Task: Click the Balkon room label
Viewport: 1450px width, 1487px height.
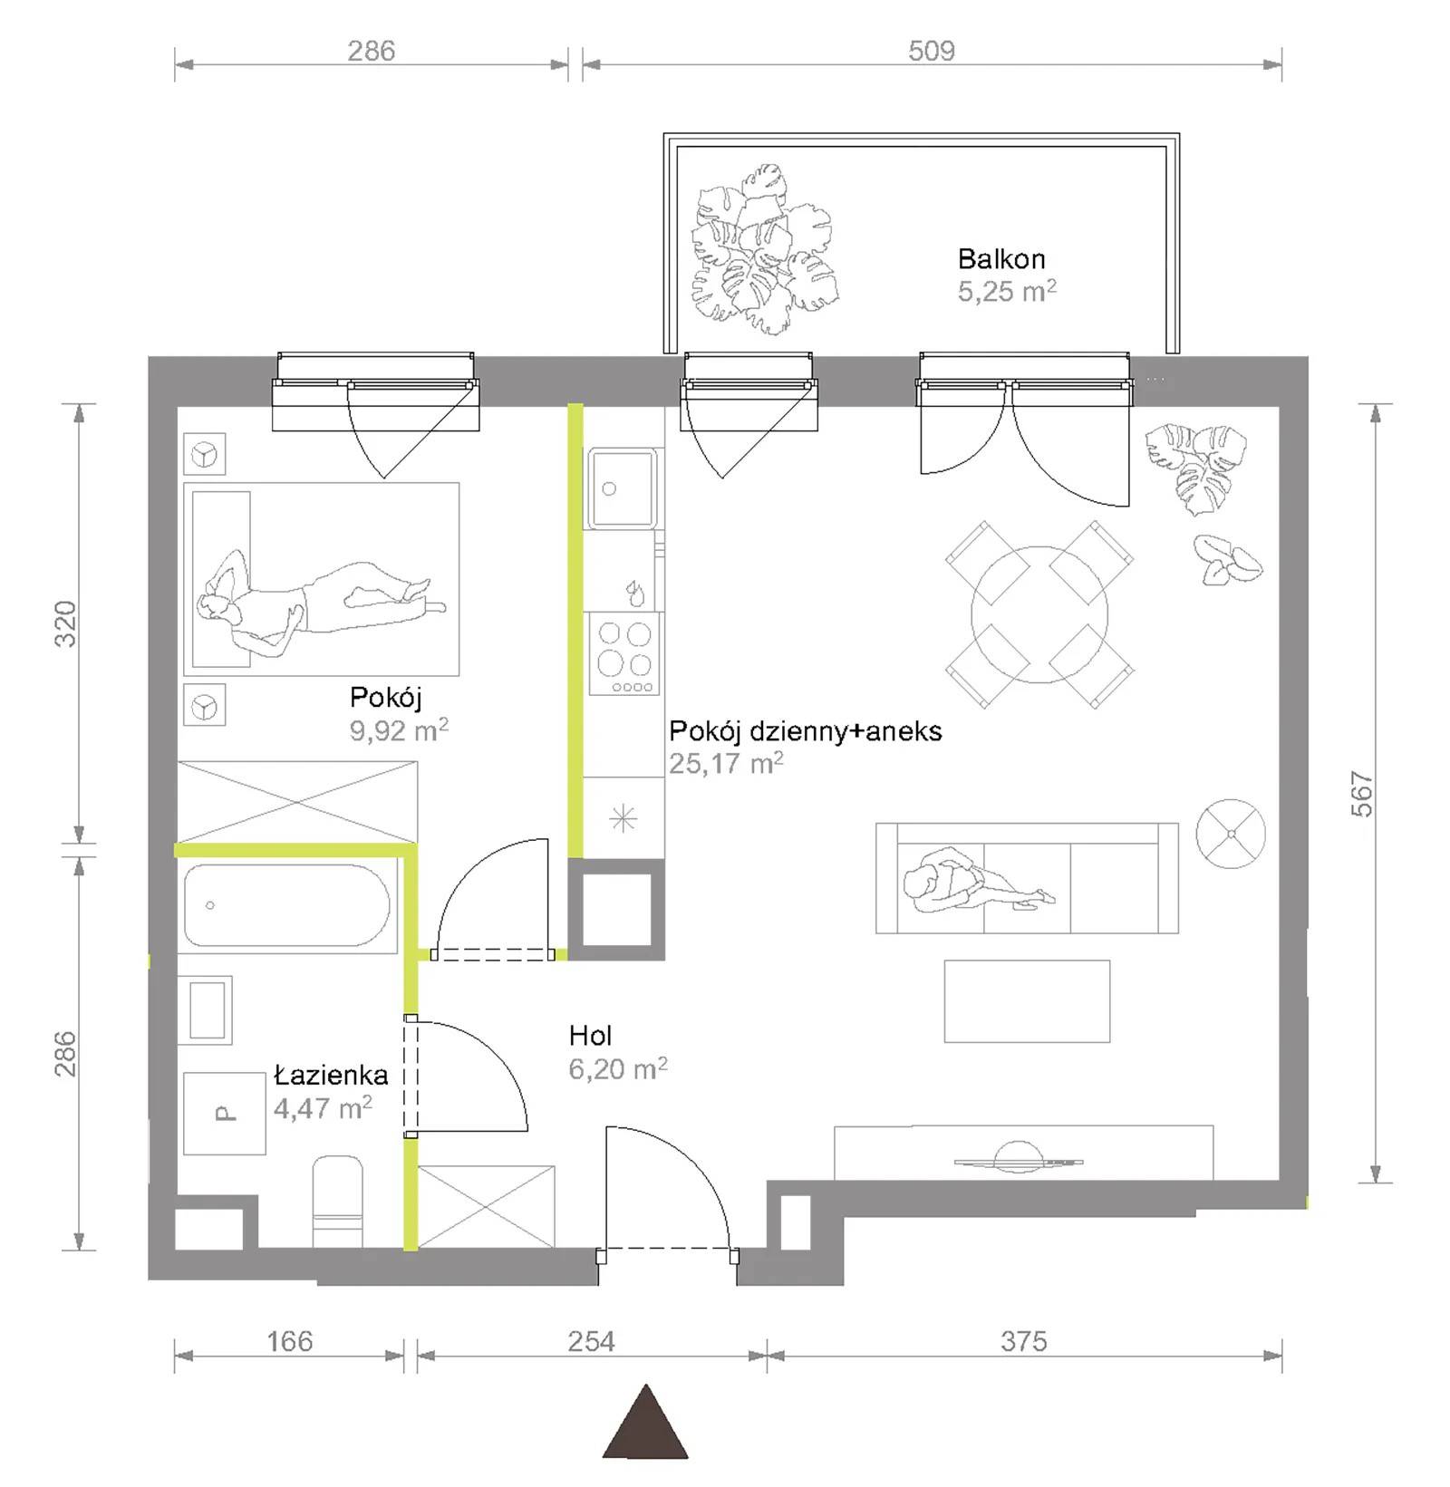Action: point(1001,259)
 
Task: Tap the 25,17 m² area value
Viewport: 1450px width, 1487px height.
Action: point(726,764)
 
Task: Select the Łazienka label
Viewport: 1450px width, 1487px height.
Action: point(331,1075)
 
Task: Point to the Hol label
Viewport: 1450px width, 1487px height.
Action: point(591,1035)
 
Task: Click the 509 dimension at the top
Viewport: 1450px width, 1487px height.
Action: point(932,51)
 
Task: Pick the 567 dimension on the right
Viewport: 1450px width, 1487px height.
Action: point(1362,794)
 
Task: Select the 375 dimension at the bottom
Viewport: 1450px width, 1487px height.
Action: point(1024,1341)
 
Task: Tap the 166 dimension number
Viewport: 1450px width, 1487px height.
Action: point(290,1341)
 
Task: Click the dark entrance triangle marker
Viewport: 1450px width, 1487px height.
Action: point(645,1424)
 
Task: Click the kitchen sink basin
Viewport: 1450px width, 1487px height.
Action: point(622,488)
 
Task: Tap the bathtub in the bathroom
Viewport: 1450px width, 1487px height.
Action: point(287,905)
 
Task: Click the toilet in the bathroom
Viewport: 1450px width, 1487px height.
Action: point(337,1201)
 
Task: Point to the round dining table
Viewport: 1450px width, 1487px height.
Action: point(1039,614)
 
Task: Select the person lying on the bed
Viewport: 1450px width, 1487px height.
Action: point(319,601)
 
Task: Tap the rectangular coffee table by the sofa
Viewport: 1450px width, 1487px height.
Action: point(1027,1001)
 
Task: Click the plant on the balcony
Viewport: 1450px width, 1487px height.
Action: point(764,249)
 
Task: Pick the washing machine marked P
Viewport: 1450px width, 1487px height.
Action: point(225,1114)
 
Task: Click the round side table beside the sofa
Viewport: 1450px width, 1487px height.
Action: point(1231,833)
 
